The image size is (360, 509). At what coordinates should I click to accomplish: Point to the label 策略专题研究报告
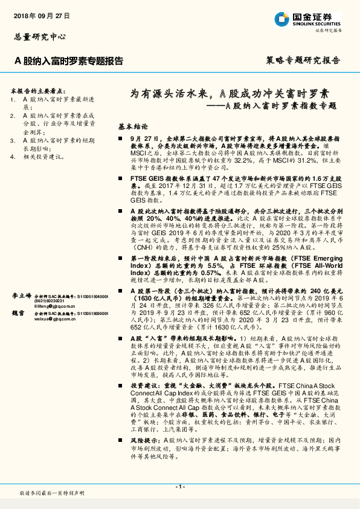click(303, 61)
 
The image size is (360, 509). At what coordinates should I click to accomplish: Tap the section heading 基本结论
click(133, 128)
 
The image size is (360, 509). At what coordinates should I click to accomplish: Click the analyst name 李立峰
click(22, 297)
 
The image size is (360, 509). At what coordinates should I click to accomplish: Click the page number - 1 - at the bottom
click(179, 487)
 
